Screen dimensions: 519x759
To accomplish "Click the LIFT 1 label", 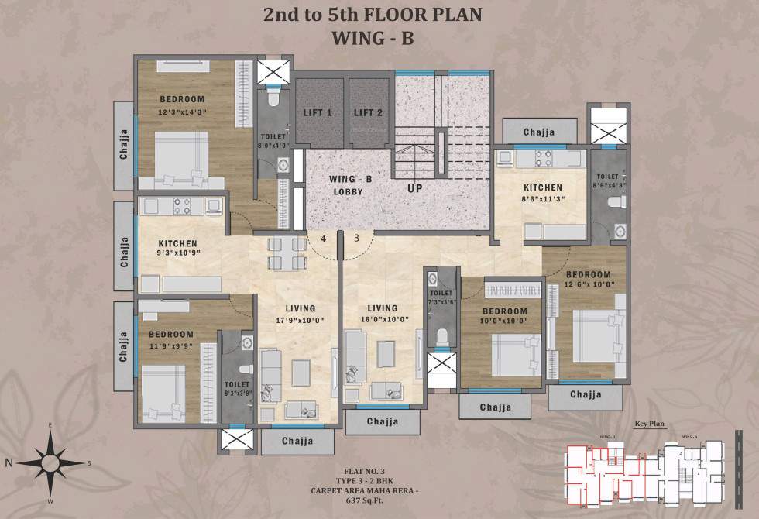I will pyautogui.click(x=318, y=113).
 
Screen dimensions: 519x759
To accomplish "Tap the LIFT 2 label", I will pyautogui.click(x=368, y=113).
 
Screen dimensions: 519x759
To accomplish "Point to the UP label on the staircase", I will pyautogui.click(x=416, y=187).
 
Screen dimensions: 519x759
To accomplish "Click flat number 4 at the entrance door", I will pyautogui.click(x=323, y=239).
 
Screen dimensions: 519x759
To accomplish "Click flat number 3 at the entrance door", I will pyautogui.click(x=357, y=239).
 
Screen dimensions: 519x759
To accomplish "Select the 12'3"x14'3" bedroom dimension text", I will pyautogui.click(x=183, y=112).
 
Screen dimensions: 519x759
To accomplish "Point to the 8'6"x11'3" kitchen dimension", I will pyautogui.click(x=542, y=198).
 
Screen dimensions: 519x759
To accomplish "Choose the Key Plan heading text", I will pyautogui.click(x=651, y=424).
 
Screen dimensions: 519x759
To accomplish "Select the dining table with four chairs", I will pyautogui.click(x=287, y=253).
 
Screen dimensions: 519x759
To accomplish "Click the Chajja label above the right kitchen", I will pyautogui.click(x=539, y=132).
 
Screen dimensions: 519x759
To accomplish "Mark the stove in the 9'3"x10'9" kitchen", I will pyautogui.click(x=182, y=206).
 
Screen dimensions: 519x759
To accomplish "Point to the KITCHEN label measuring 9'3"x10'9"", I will pyautogui.click(x=178, y=243).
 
